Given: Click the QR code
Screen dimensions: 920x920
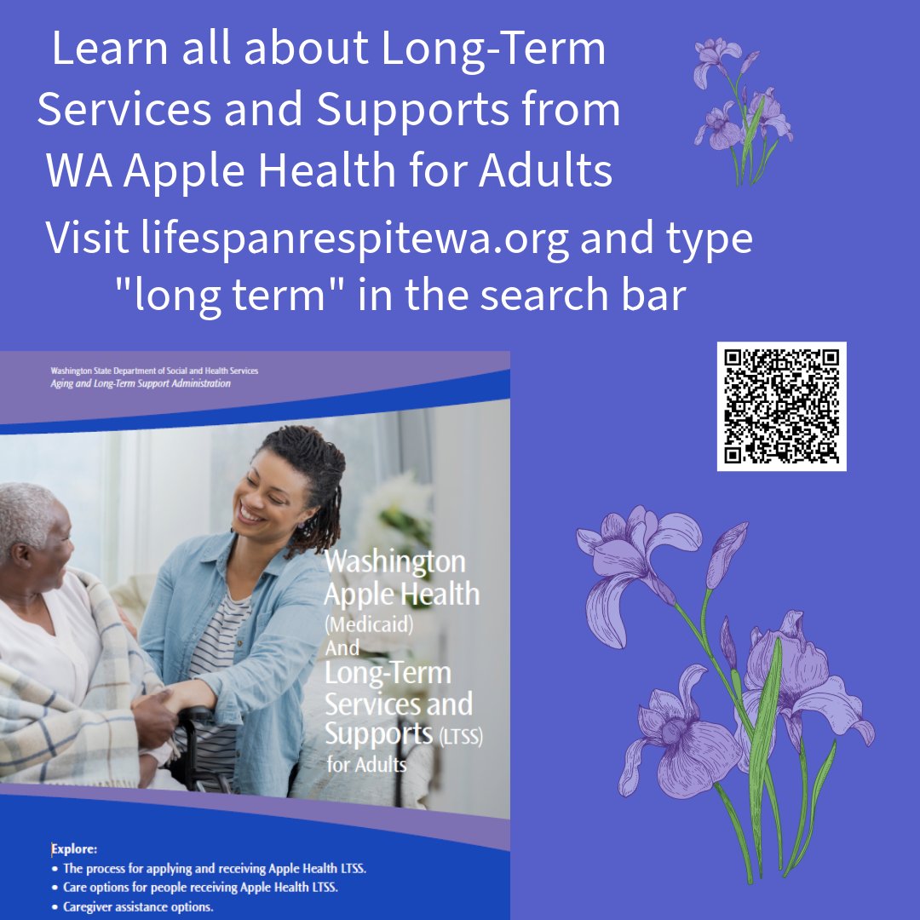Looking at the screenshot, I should click(781, 405).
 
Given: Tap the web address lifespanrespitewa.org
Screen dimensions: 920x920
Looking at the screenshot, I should click(355, 239).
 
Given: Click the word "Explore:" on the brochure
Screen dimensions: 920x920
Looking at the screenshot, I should click(74, 848).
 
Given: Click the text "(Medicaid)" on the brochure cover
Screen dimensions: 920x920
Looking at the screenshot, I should click(368, 624).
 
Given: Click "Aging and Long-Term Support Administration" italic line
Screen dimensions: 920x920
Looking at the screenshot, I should click(141, 384).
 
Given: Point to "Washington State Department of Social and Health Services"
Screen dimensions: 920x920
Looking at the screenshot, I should click(153, 371).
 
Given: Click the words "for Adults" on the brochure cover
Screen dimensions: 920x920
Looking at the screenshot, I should click(366, 764).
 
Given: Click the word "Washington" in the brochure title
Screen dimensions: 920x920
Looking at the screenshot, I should click(395, 562).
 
